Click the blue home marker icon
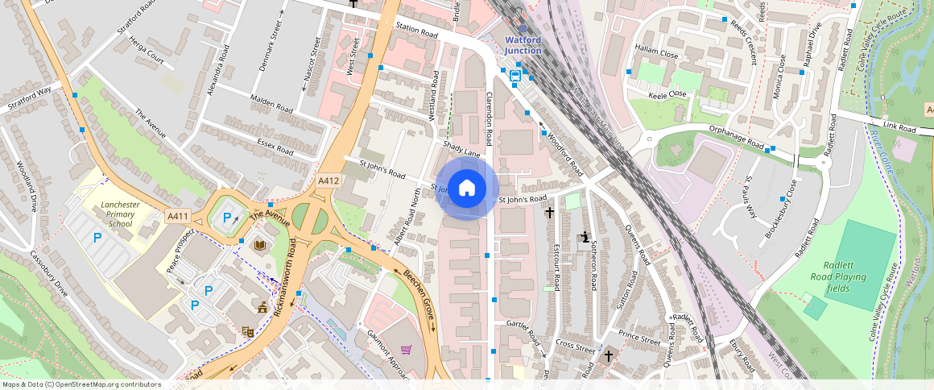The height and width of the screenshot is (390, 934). pyautogui.click(x=467, y=189)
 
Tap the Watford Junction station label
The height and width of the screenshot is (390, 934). pyautogui.click(x=523, y=45)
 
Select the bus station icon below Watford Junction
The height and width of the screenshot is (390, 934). pyautogui.click(x=515, y=75)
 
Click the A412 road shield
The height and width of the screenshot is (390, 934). pyautogui.click(x=328, y=180)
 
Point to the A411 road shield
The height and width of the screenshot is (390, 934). pyautogui.click(x=177, y=216)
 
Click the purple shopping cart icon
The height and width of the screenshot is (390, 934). pyautogui.click(x=406, y=350)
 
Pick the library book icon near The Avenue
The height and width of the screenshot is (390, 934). pyautogui.click(x=260, y=245)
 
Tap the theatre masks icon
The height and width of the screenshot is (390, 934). pyautogui.click(x=247, y=331)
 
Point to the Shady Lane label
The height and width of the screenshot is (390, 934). pyautogui.click(x=461, y=149)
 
